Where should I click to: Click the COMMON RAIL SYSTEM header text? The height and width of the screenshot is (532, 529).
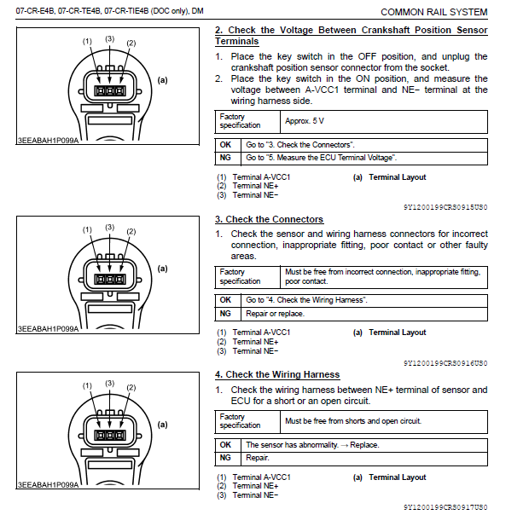tap(433, 12)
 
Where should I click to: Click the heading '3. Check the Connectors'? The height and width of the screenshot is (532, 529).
tap(269, 220)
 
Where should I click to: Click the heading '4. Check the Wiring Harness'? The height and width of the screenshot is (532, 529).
tap(276, 375)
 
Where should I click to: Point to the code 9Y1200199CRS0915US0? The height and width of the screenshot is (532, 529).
tap(445, 207)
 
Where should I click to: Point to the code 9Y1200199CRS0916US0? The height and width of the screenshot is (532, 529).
tap(445, 363)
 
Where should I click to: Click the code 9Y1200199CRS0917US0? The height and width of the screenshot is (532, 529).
tap(445, 507)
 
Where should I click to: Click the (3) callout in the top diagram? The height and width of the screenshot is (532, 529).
tap(109, 38)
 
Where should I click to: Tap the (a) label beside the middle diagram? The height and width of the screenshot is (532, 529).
tap(162, 268)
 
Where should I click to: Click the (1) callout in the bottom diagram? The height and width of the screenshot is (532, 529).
tap(87, 386)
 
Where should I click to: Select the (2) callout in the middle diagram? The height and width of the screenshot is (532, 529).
tap(131, 231)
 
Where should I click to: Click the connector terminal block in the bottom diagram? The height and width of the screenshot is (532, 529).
tap(109, 435)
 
